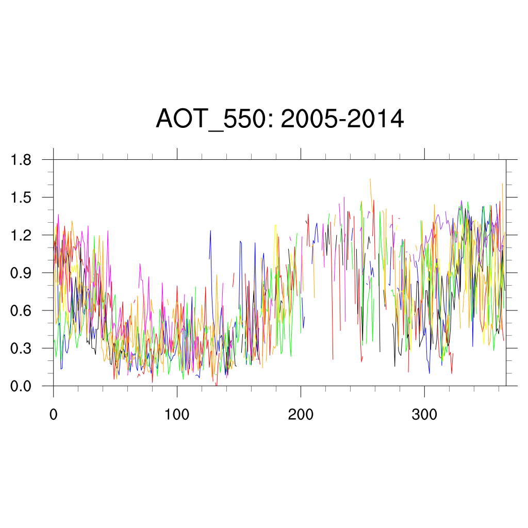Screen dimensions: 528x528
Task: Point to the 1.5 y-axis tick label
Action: coord(21,197)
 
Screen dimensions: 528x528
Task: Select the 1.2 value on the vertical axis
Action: coord(21,235)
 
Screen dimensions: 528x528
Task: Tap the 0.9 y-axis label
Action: coord(21,273)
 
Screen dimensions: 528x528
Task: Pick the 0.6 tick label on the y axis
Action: coord(21,310)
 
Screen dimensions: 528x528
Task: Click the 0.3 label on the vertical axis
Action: coord(21,348)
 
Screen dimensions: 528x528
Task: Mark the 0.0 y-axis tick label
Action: coord(21,386)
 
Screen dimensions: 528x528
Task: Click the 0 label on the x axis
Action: coord(53,415)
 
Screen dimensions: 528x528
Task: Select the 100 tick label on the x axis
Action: coord(177,415)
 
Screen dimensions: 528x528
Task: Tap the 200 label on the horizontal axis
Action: coord(301,415)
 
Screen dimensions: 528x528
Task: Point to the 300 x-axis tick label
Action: coord(424,415)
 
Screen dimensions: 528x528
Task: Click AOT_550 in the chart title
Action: coord(216,120)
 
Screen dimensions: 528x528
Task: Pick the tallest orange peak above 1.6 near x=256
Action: coord(370,179)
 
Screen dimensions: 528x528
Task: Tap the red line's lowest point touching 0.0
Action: coord(217,385)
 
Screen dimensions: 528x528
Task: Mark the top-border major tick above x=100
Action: coord(177,154)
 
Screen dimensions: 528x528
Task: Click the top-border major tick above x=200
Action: coord(301,154)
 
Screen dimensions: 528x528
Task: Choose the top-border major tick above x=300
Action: coord(424,154)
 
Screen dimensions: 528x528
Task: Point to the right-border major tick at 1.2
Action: coord(511,235)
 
